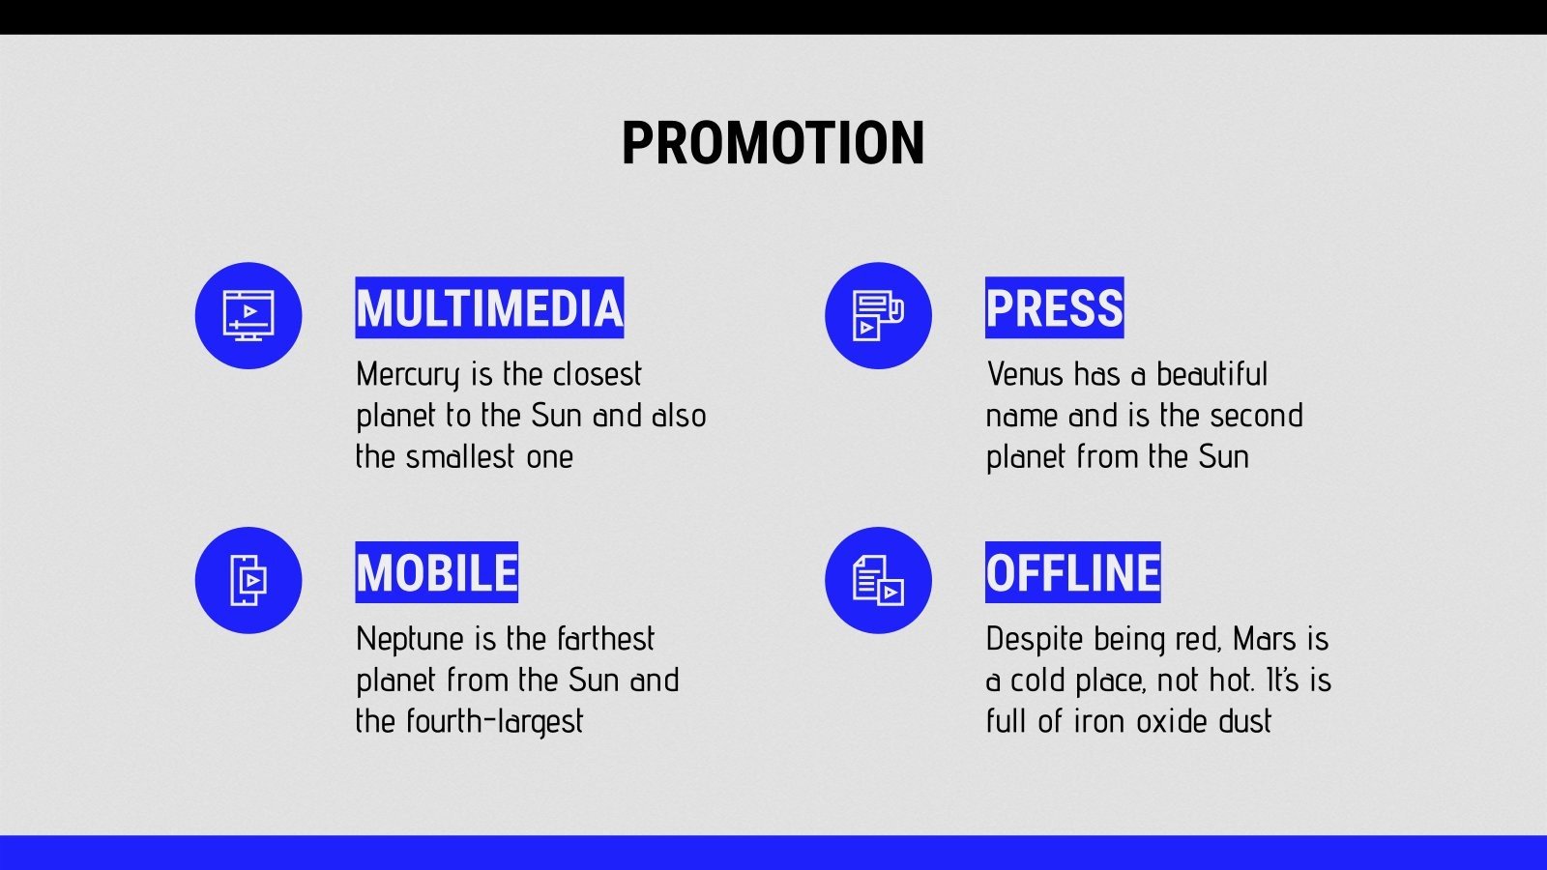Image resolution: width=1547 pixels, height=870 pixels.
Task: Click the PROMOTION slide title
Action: (x=773, y=143)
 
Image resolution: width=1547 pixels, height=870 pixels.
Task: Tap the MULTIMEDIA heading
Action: (x=489, y=308)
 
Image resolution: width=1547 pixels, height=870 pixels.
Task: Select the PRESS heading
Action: (x=1054, y=308)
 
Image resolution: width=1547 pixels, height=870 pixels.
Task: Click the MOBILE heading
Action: (x=437, y=572)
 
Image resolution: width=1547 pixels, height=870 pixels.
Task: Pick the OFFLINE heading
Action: (x=1072, y=572)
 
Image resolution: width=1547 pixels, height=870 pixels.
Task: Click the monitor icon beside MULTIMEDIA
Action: (x=248, y=315)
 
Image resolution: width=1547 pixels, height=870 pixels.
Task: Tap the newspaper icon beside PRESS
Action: (x=878, y=315)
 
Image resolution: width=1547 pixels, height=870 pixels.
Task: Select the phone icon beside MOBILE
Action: (x=248, y=580)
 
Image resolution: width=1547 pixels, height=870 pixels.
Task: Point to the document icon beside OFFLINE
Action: (x=878, y=580)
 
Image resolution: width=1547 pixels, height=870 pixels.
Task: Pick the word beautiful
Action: (x=1211, y=374)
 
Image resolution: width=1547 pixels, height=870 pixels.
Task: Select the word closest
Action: (x=597, y=374)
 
